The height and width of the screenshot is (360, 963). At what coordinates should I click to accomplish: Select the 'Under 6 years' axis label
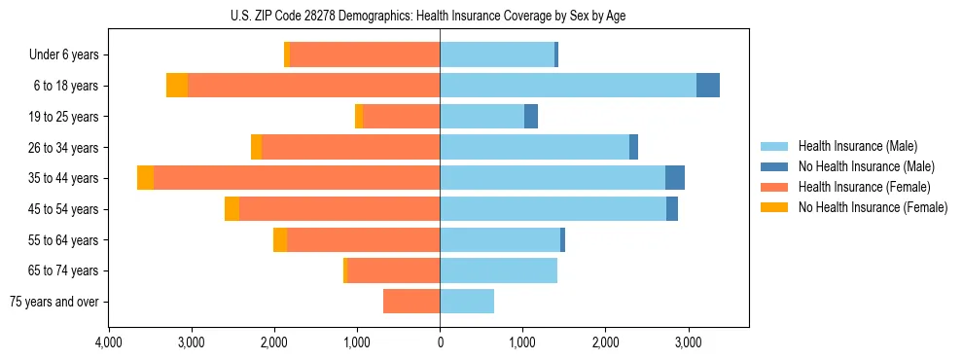click(64, 55)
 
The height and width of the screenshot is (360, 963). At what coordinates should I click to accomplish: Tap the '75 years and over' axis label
click(54, 302)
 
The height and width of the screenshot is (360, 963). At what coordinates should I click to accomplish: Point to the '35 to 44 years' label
click(64, 178)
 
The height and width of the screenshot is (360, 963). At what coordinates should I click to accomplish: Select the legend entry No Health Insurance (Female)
click(872, 207)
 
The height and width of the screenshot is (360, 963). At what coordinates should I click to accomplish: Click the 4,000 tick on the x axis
click(108, 342)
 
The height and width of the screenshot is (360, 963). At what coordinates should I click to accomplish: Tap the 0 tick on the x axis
click(440, 342)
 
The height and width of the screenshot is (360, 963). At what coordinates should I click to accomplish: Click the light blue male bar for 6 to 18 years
click(568, 86)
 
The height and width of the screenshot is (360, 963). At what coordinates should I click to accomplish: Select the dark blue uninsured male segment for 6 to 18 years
click(708, 86)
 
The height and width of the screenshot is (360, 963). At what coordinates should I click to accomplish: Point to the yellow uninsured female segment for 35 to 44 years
click(145, 178)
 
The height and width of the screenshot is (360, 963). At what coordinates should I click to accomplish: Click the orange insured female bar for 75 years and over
click(411, 302)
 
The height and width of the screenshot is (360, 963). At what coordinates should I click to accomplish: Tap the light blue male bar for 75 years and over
click(467, 302)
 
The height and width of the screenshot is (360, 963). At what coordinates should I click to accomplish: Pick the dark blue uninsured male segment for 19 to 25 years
click(531, 117)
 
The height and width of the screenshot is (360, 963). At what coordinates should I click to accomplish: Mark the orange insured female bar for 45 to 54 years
click(339, 209)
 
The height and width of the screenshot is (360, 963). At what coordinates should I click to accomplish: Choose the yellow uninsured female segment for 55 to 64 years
click(280, 240)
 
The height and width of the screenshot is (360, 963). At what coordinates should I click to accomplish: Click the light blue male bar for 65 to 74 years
click(498, 270)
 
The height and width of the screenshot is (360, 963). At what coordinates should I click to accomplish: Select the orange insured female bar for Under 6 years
click(365, 55)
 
